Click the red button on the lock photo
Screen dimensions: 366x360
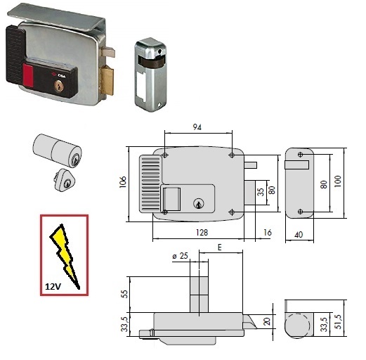28,76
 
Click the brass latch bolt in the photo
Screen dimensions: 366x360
107,80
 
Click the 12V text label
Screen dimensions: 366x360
53,286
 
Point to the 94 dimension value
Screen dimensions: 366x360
197,127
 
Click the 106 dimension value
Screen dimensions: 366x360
123,182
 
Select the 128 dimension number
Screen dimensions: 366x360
202,233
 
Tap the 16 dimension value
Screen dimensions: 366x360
268,233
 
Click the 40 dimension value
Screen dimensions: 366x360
299,234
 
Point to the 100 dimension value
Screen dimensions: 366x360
338,181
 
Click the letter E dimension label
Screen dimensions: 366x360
219,247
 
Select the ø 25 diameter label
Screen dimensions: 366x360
181,256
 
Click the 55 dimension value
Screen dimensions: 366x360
125,294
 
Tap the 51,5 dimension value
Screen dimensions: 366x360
339,322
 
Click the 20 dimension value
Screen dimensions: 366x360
267,321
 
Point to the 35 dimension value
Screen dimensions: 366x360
261,192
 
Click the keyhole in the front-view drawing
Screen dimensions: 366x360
199,203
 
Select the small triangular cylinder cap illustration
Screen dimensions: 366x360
64,180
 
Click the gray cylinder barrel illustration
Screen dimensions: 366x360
57,150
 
